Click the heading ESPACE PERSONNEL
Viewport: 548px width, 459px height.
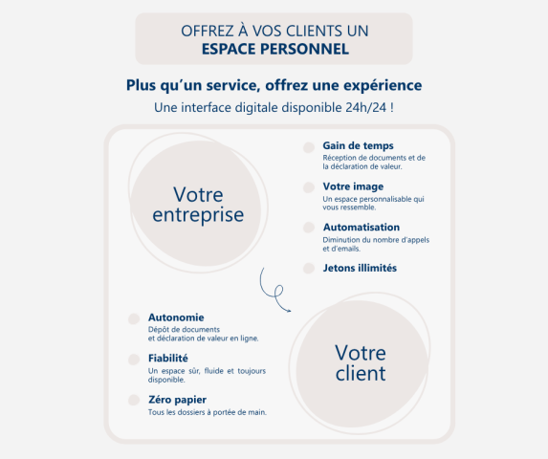(x=275, y=49)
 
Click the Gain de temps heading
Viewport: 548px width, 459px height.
(x=358, y=145)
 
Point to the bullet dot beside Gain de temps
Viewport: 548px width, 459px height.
(x=309, y=147)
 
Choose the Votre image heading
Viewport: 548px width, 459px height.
(x=353, y=186)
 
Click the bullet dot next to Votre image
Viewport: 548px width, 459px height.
(x=309, y=187)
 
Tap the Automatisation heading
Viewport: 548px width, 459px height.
(x=362, y=227)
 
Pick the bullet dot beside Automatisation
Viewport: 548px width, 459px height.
(x=309, y=228)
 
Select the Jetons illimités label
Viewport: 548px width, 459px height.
(x=360, y=268)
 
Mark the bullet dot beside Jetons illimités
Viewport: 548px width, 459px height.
(x=309, y=269)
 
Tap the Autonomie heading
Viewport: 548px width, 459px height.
(x=176, y=317)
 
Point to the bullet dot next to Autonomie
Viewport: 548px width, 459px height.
(x=134, y=318)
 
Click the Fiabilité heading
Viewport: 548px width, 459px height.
(x=168, y=358)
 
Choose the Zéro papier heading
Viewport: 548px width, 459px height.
(x=177, y=400)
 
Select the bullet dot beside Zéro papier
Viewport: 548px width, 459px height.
(x=134, y=400)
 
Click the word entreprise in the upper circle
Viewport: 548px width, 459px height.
(x=198, y=215)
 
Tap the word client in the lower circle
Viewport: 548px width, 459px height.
(x=361, y=373)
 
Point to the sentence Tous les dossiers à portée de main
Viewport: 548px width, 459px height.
(x=208, y=412)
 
